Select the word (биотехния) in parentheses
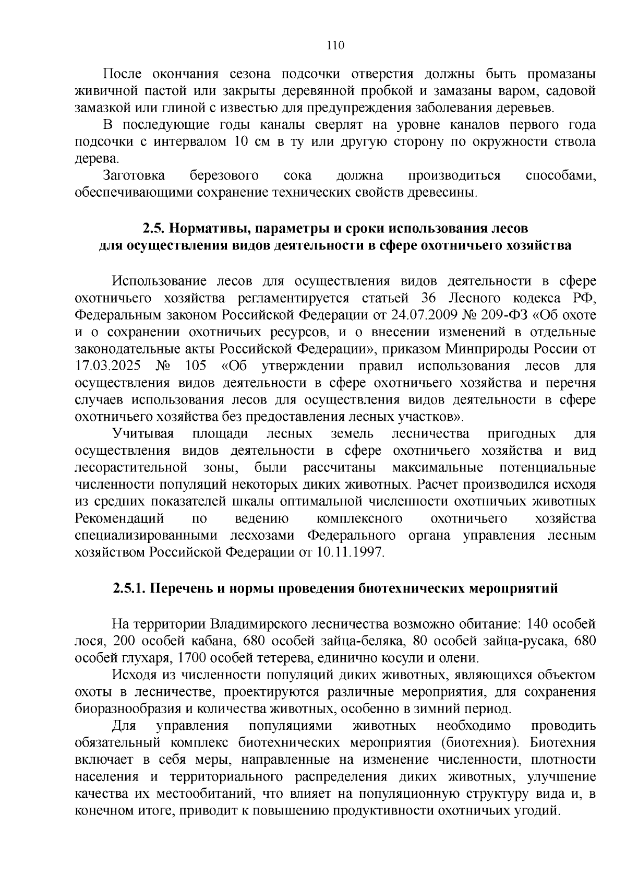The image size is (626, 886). [x=480, y=742]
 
